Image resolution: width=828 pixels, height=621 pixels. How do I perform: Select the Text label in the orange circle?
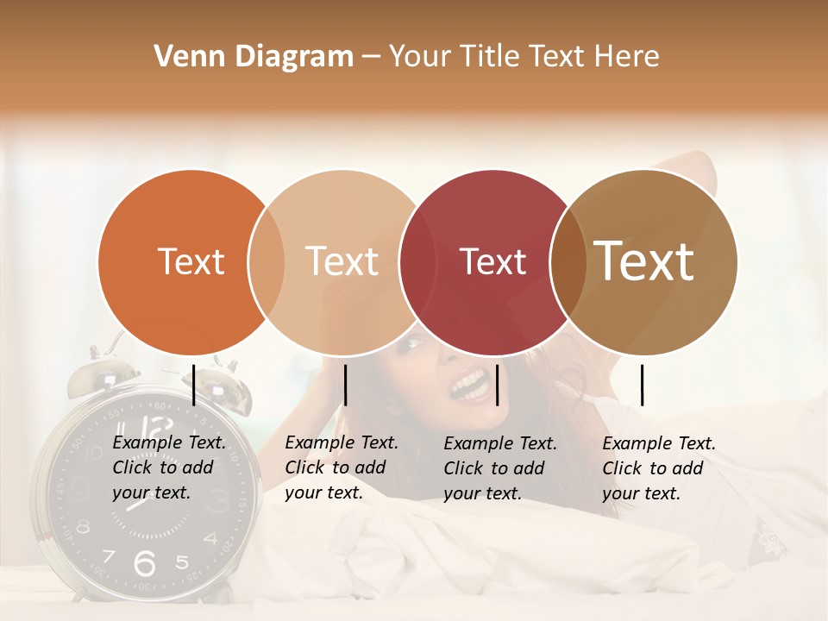[191, 261]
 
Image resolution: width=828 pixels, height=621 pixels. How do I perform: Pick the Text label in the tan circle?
[342, 261]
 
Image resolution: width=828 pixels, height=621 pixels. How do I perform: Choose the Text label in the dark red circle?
[492, 261]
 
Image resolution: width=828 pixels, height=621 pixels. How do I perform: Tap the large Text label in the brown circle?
[644, 260]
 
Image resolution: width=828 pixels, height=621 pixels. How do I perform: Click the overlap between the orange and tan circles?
[267, 262]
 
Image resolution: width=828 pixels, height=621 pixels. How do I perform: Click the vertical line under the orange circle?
[194, 385]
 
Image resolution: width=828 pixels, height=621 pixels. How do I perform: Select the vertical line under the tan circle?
[345, 385]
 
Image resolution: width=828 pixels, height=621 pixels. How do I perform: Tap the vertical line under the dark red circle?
[498, 385]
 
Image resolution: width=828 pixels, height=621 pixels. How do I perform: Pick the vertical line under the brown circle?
[642, 385]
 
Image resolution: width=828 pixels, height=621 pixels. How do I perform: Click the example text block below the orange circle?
[169, 468]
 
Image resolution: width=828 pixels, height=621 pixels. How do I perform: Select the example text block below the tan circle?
[342, 467]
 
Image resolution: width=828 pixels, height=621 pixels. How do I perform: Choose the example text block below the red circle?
[500, 468]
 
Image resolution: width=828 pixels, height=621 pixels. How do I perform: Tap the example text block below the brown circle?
[659, 468]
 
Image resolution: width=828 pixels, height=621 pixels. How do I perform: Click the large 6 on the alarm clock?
[145, 562]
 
